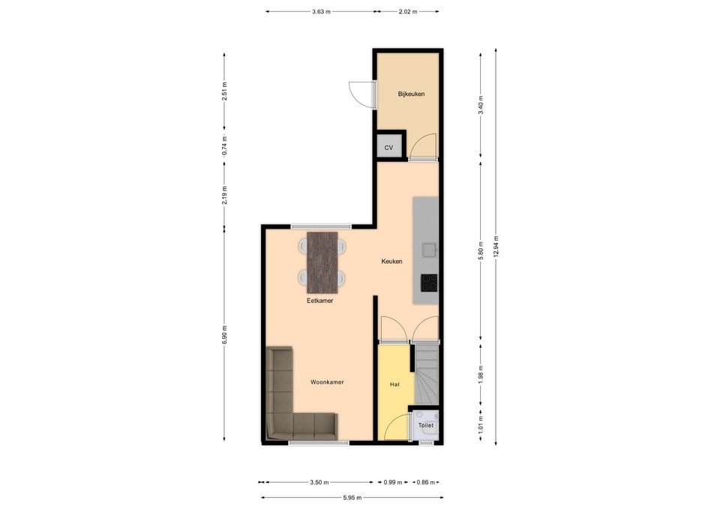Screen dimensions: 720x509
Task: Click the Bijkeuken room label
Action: pos(411,94)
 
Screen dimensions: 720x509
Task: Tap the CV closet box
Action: pos(389,148)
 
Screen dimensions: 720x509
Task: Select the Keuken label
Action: pos(391,262)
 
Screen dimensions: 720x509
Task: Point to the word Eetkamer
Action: pos(320,301)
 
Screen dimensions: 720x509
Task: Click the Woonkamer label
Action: pos(327,382)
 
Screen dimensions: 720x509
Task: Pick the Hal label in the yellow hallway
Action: pos(394,384)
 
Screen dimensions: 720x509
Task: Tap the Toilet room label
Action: pos(426,426)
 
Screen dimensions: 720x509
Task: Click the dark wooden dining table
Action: pos(322,262)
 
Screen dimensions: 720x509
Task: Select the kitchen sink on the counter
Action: pos(430,250)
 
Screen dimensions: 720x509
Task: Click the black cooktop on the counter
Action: pos(429,283)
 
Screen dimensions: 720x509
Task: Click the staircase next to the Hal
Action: pos(427,375)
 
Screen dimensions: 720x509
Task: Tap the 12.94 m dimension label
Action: pos(496,247)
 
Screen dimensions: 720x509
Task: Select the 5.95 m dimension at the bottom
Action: pos(352,498)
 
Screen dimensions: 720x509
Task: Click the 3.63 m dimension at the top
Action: pos(321,12)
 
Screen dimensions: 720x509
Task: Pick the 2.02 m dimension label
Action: pos(408,12)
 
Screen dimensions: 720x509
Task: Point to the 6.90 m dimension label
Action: pos(224,334)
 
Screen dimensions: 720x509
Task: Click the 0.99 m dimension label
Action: pos(392,482)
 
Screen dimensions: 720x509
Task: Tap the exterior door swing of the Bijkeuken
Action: pos(361,95)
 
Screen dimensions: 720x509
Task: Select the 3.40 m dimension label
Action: pos(481,105)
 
